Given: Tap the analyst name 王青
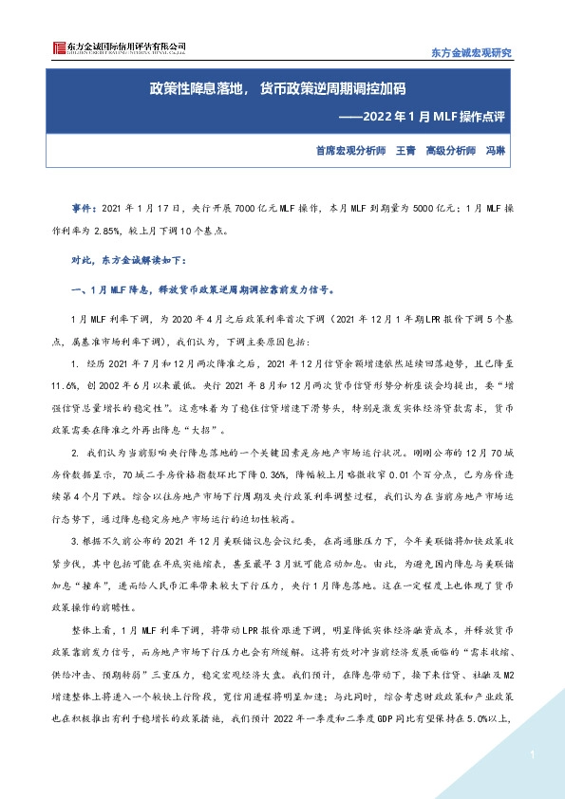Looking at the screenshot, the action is [x=405, y=151].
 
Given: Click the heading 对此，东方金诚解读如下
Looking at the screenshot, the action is [x=130, y=259].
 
